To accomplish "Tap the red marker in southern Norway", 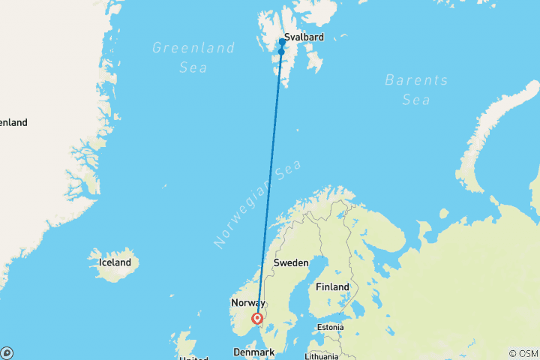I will click(258, 319).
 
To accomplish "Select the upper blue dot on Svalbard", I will click(282, 42).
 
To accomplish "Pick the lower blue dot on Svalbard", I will click(281, 52).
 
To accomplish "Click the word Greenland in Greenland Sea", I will click(183, 48).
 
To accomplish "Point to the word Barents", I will click(415, 80).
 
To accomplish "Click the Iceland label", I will click(115, 262).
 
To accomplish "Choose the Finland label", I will click(332, 287).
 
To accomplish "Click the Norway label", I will click(247, 303).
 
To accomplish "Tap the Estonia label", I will click(330, 327).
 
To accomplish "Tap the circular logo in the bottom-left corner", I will click(7, 352).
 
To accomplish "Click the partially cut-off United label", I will click(194, 358).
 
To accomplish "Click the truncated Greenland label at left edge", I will click(13, 122).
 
